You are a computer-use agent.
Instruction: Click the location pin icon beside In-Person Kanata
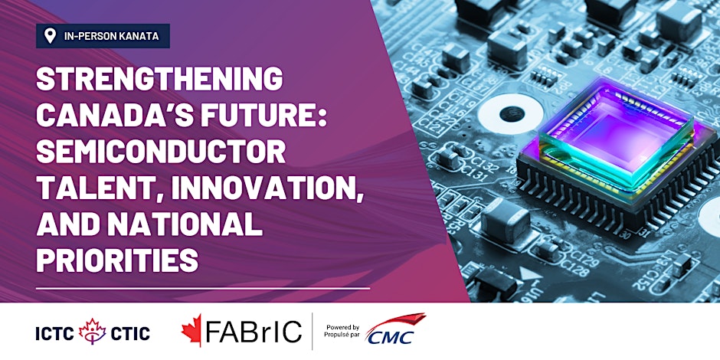[x=50, y=36]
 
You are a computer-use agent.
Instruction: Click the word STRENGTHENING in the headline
[x=159, y=79]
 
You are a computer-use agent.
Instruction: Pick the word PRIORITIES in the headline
[x=117, y=261]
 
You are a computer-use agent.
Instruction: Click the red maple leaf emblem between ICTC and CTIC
[x=92, y=331]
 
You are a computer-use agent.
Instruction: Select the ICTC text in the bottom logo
[x=54, y=334]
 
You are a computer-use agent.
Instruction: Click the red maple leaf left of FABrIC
[x=191, y=329]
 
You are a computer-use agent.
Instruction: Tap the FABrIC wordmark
[x=253, y=332]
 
